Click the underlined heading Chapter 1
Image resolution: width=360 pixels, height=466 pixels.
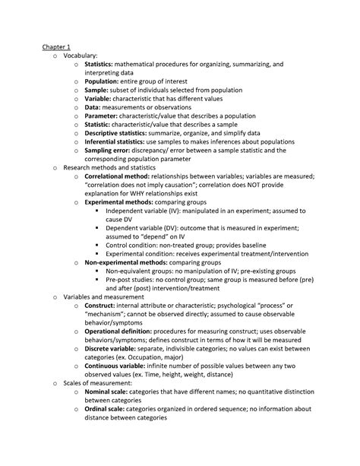pos(56,47)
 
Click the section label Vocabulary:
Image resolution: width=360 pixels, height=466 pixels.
pos(81,56)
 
